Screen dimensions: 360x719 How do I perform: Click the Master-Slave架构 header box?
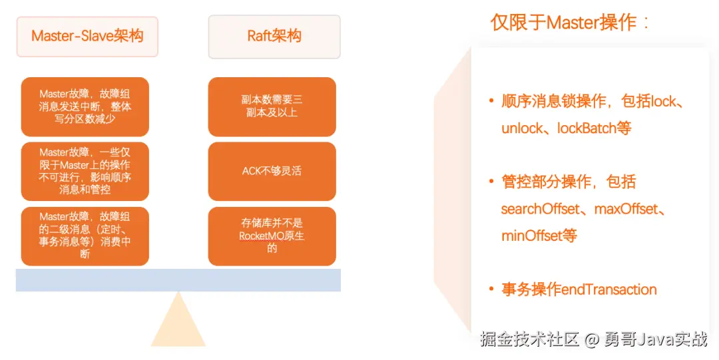pyautogui.click(x=87, y=37)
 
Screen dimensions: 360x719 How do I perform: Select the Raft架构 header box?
pyautogui.click(x=274, y=37)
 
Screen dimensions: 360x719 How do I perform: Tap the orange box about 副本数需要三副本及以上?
pyautogui.click(x=272, y=106)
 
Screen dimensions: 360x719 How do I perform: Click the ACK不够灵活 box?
pyautogui.click(x=272, y=171)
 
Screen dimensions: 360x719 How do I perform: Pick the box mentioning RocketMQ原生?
pyautogui.click(x=272, y=236)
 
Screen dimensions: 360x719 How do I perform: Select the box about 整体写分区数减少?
pyautogui.click(x=85, y=106)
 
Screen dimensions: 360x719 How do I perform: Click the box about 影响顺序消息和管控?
pyautogui.click(x=85, y=171)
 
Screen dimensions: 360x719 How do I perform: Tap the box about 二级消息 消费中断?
pyautogui.click(x=85, y=236)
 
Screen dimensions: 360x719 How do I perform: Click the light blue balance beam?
pyautogui.click(x=178, y=279)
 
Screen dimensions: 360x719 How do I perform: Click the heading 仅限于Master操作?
pyautogui.click(x=570, y=23)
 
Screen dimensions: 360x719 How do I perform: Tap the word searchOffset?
pyautogui.click(x=540, y=209)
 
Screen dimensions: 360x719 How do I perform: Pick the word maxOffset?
pyautogui.click(x=624, y=209)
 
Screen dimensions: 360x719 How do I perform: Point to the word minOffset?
pyautogui.click(x=531, y=236)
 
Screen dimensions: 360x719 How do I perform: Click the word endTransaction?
pyautogui.click(x=609, y=289)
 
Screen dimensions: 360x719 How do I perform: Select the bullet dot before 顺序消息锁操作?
pyautogui.click(x=492, y=102)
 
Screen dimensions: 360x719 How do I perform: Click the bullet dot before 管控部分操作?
pyautogui.click(x=492, y=182)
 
